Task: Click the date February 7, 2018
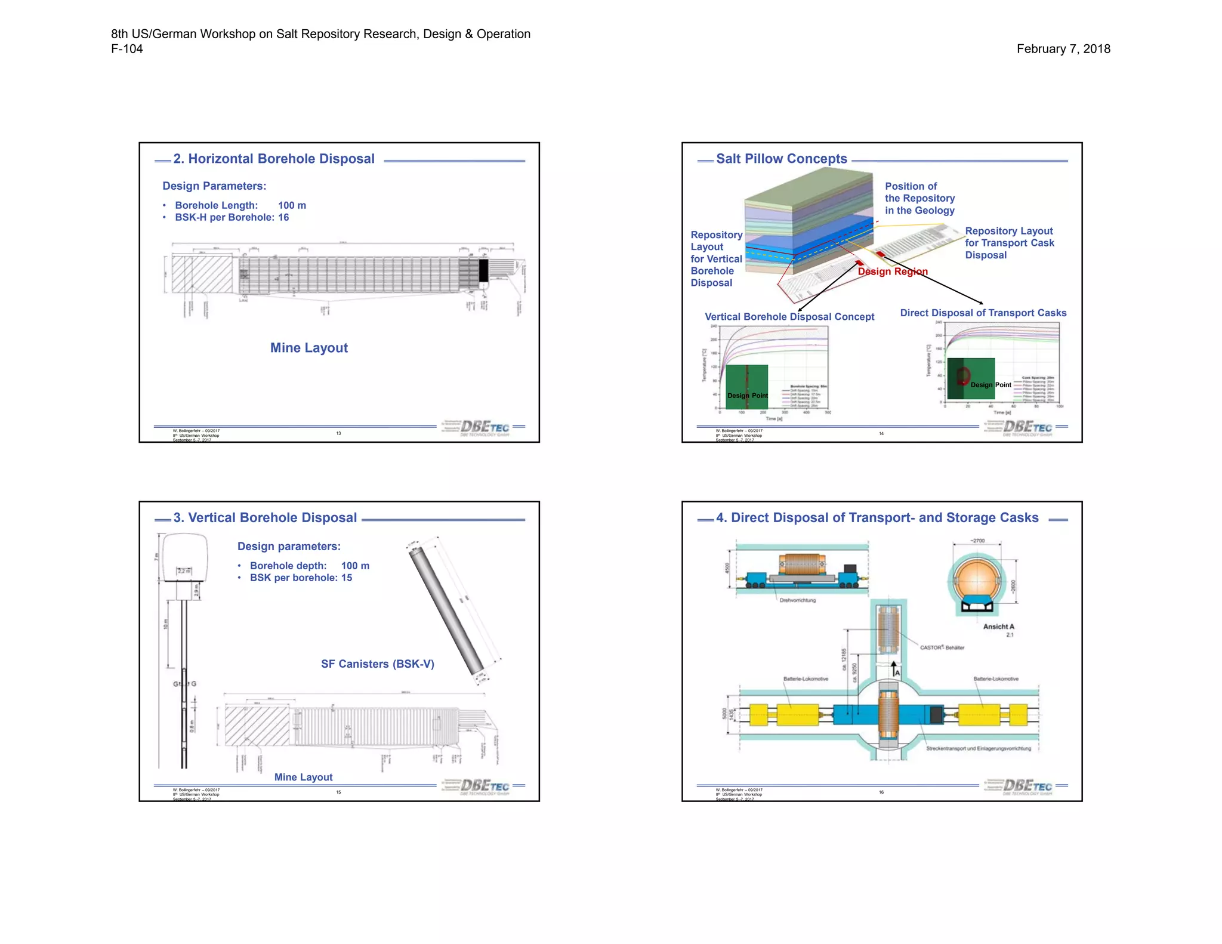pos(1063,49)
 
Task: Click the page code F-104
pos(127,49)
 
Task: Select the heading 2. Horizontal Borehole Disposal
pos(274,159)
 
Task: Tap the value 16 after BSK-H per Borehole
pos(283,217)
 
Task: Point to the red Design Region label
pos(893,272)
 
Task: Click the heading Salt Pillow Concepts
pos(781,159)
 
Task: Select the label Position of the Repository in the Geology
pos(919,198)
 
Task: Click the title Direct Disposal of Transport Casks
pos(983,313)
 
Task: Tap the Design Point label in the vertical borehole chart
pos(747,396)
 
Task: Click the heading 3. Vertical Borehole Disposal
pos(265,518)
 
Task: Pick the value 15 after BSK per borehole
pos(347,578)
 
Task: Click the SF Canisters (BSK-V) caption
pos(377,664)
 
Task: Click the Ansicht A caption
pos(998,627)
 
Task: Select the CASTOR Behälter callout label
pos(942,647)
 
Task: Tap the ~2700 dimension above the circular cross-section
pos(977,541)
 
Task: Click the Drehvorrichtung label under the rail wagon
pos(797,600)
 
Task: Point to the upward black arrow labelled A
pos(893,668)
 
